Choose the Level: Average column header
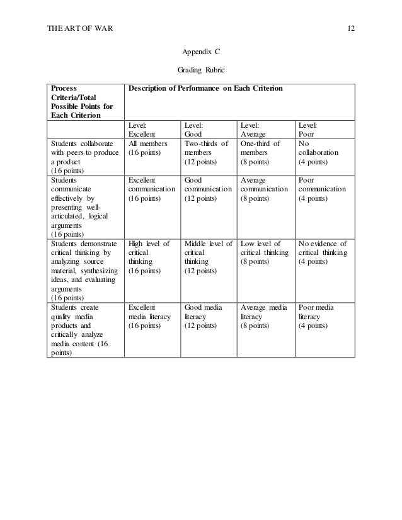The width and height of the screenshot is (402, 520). pyautogui.click(x=253, y=130)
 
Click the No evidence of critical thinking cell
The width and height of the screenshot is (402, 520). pyautogui.click(x=321, y=253)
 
